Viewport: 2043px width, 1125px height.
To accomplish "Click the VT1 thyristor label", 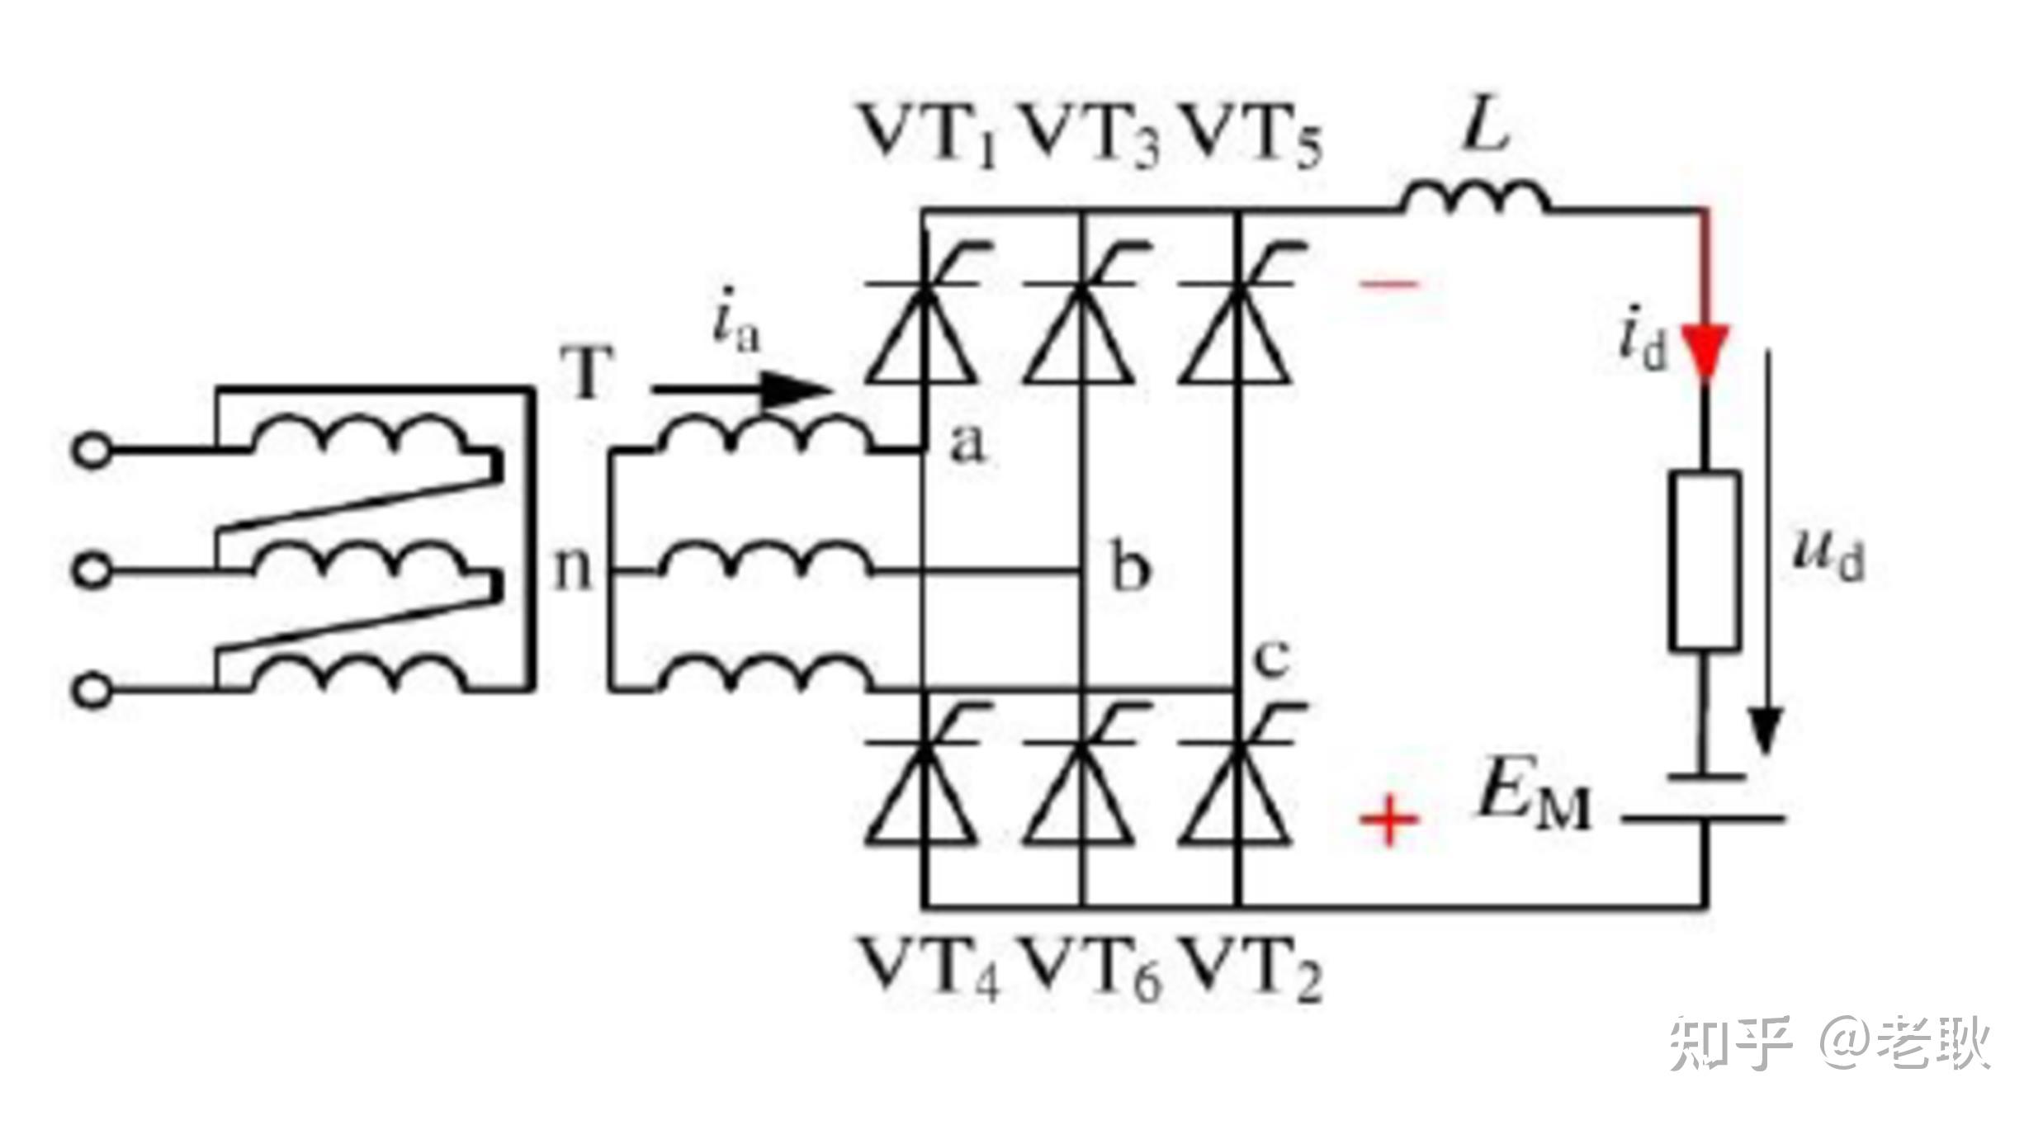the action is pos(928,137).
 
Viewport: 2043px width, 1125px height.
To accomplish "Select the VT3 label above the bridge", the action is pos(1090,137).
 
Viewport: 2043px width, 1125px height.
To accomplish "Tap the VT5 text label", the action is pos(1251,137).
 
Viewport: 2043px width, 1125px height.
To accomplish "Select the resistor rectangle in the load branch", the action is pos(1705,560).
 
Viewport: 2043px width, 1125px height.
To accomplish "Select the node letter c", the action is pos(1270,658).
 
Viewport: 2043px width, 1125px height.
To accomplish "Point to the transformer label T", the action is pos(587,372).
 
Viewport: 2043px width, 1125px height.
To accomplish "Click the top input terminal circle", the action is pos(92,451).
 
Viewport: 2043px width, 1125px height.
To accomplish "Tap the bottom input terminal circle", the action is pos(92,689).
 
